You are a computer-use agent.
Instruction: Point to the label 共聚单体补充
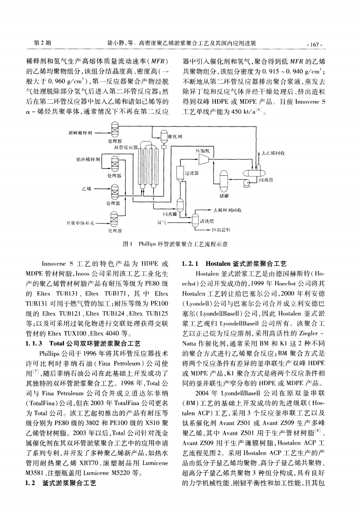(x=77, y=222)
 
